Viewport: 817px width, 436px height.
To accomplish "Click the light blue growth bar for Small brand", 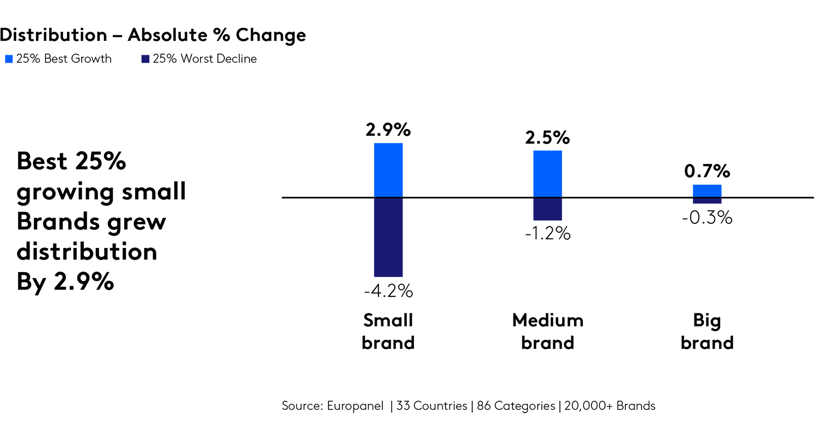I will pyautogui.click(x=388, y=170).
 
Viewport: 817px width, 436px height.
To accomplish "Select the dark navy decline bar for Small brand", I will pyautogui.click(x=388, y=237).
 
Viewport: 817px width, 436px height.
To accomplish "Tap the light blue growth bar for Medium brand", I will pyautogui.click(x=547, y=174).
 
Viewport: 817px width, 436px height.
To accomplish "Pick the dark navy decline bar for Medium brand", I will pyautogui.click(x=547, y=209).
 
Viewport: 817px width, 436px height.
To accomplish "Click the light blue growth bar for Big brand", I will pyautogui.click(x=707, y=191).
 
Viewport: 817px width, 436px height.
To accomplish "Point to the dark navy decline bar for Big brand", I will pyautogui.click(x=707, y=201).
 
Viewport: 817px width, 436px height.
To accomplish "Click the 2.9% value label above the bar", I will pyautogui.click(x=388, y=131).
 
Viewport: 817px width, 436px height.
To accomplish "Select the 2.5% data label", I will pyautogui.click(x=547, y=138).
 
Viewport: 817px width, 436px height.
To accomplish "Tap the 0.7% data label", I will pyautogui.click(x=707, y=172).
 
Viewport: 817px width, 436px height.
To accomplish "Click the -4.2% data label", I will pyautogui.click(x=388, y=292).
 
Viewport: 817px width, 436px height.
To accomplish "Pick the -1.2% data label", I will pyautogui.click(x=547, y=234).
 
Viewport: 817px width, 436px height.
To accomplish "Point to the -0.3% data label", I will pyautogui.click(x=707, y=218).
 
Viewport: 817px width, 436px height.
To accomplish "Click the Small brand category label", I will pyautogui.click(x=388, y=331).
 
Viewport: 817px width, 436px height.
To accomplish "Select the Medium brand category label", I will pyautogui.click(x=547, y=331).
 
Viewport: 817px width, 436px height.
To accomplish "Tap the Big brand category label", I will pyautogui.click(x=707, y=331).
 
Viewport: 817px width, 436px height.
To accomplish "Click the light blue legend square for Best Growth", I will pyautogui.click(x=9, y=59).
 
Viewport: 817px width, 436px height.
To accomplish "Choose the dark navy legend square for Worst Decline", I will pyautogui.click(x=145, y=59).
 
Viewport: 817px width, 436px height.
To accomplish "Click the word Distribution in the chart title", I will pyautogui.click(x=53, y=35).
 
